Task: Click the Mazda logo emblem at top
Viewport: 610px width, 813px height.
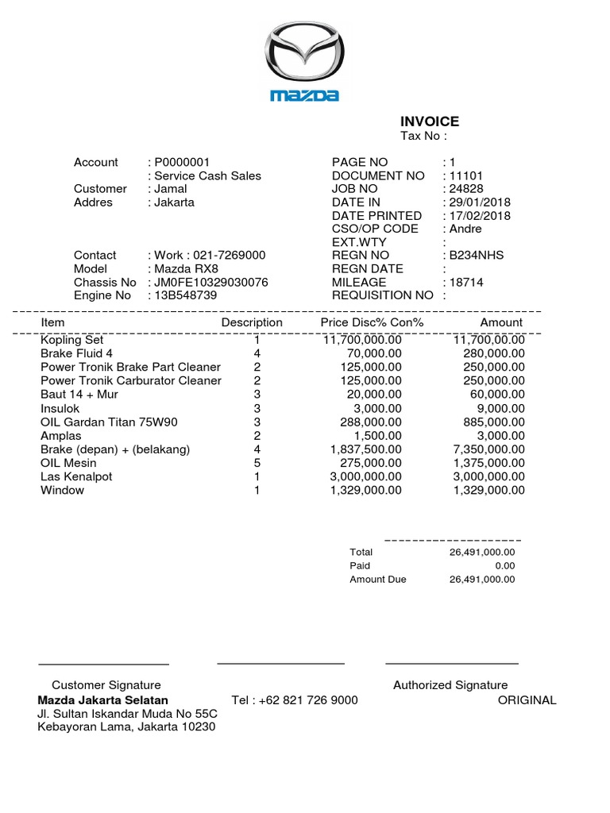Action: [304, 56]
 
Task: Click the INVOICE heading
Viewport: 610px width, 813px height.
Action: [429, 121]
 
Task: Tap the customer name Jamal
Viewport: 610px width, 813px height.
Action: [171, 189]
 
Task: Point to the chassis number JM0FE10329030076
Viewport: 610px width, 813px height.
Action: [210, 283]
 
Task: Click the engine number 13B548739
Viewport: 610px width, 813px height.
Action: [185, 295]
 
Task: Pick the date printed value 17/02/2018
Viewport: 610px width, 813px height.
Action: [480, 216]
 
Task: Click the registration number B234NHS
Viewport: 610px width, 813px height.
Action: [476, 256]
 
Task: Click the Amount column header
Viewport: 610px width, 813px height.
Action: [501, 322]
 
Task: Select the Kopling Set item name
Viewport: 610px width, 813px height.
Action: [72, 339]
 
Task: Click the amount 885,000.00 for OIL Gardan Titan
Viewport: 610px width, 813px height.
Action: [494, 422]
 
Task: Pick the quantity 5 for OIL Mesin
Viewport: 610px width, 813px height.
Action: [257, 463]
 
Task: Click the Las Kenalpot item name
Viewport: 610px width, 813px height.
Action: [76, 476]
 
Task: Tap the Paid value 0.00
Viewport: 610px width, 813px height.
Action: [504, 566]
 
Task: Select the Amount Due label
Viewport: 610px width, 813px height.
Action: [377, 580]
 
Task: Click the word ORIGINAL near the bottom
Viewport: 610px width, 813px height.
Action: [527, 700]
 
